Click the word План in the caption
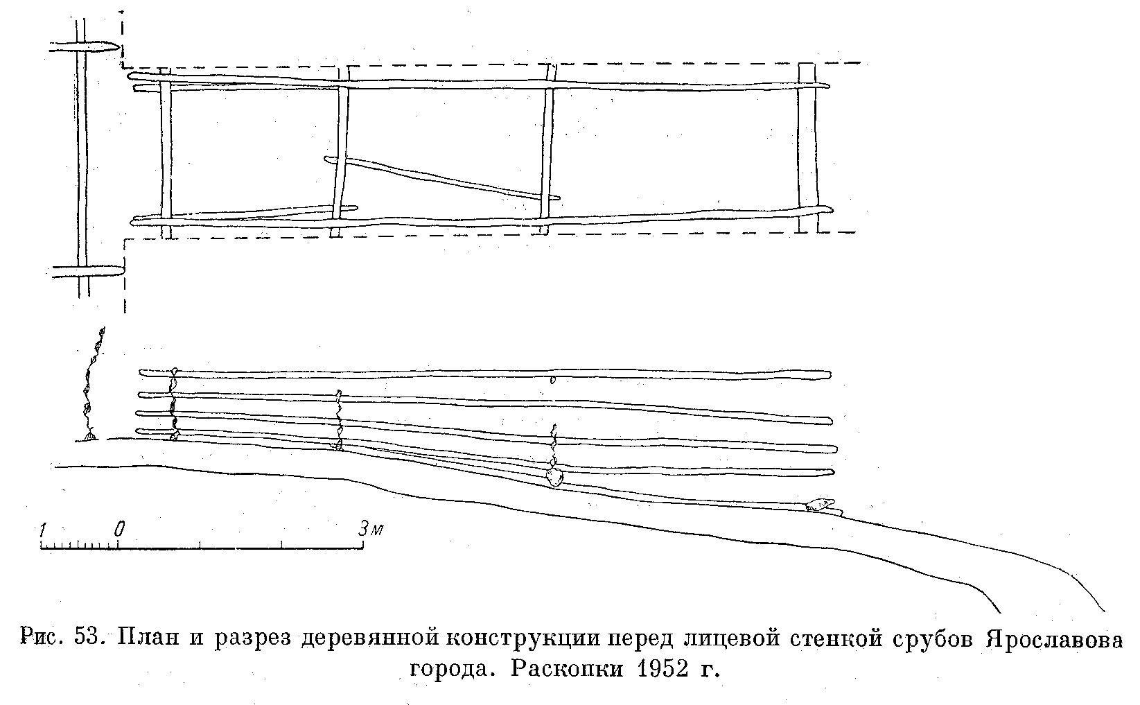point(148,638)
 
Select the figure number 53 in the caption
point(85,638)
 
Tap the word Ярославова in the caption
point(1054,639)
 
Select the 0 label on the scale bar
point(120,530)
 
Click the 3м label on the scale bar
point(370,530)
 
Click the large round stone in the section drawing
point(554,476)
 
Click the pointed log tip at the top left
point(118,48)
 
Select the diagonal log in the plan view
point(442,177)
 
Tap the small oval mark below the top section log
point(553,379)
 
